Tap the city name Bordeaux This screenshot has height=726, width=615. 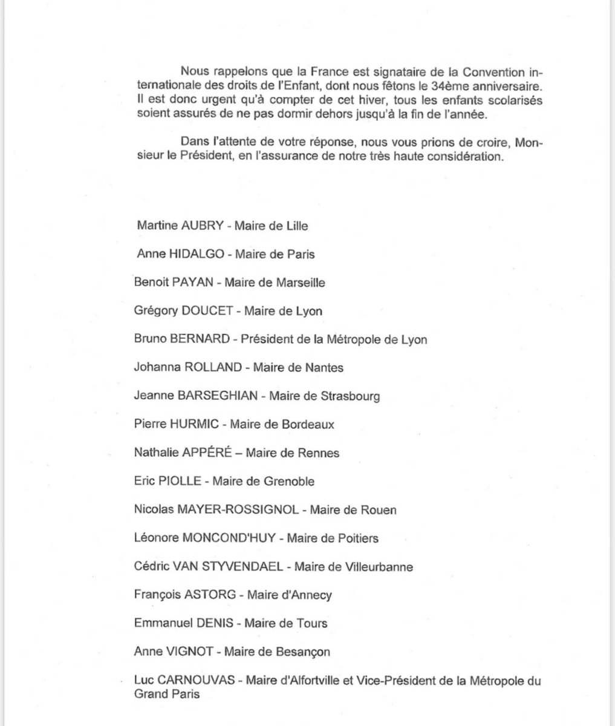(307, 424)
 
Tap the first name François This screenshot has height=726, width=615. (157, 595)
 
